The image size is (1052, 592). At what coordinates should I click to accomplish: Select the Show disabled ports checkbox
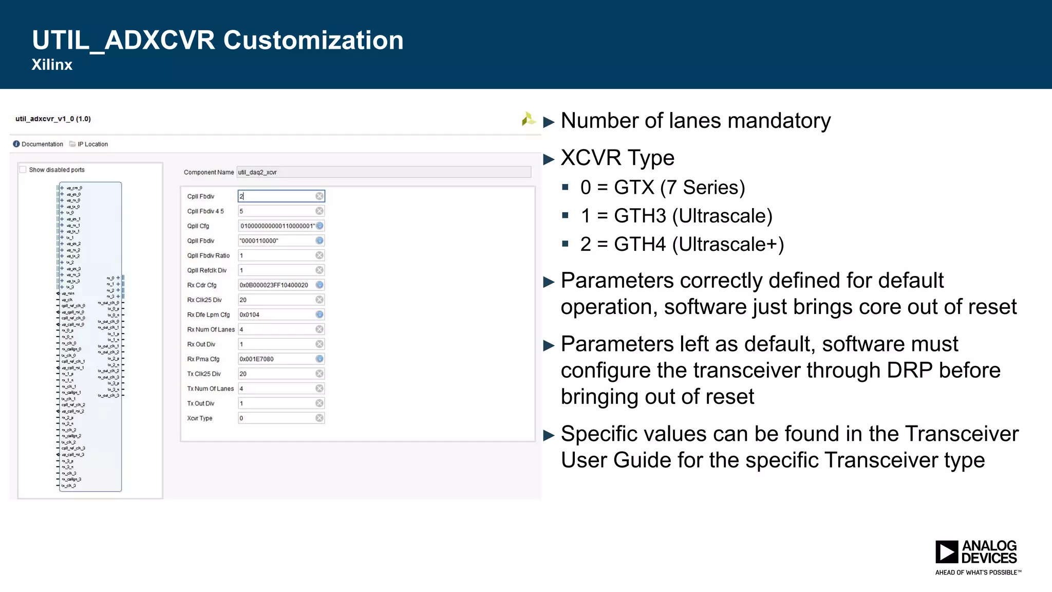(x=23, y=170)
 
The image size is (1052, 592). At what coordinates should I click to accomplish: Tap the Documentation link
(x=42, y=144)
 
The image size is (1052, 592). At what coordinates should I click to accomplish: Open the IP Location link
(x=92, y=144)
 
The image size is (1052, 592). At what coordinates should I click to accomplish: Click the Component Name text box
(x=383, y=172)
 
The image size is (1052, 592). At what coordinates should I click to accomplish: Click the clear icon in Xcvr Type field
(x=320, y=418)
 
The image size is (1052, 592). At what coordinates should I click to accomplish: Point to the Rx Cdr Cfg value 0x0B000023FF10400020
(x=274, y=285)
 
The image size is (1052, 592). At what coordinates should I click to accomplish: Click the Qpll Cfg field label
(x=198, y=226)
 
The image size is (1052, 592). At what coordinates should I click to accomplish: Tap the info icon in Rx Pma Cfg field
(x=320, y=359)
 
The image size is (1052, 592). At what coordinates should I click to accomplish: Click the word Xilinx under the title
(x=52, y=65)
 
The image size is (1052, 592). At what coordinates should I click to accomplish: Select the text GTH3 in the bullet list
(x=640, y=216)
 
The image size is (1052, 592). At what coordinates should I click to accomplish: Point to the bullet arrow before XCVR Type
(x=549, y=159)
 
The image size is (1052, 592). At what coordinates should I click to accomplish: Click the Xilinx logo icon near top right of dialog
(x=528, y=119)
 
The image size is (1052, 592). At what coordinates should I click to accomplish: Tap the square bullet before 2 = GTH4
(x=566, y=244)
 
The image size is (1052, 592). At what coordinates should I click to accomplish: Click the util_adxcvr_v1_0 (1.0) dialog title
(x=53, y=119)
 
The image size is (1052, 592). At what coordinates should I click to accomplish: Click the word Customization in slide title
(x=313, y=40)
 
